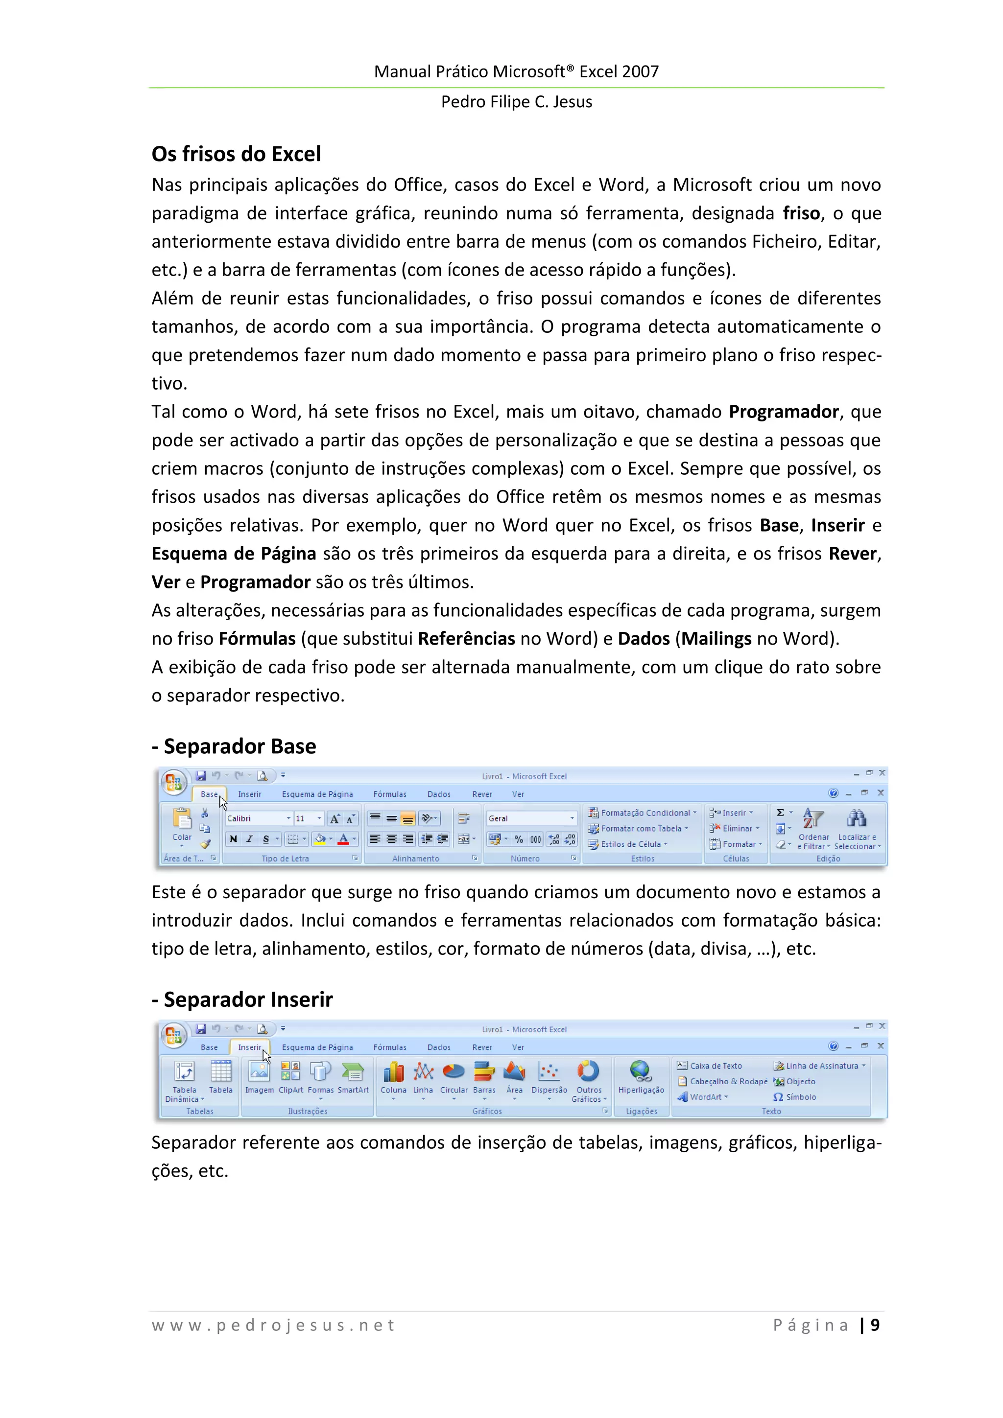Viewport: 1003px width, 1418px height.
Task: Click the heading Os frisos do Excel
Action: [236, 154]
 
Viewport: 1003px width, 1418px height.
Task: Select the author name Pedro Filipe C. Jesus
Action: [516, 102]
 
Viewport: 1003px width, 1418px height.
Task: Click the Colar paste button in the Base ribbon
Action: [182, 824]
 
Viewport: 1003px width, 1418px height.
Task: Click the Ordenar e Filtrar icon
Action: [812, 819]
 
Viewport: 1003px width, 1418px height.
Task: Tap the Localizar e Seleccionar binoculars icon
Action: [857, 819]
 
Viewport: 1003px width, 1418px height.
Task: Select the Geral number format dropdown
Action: [530, 818]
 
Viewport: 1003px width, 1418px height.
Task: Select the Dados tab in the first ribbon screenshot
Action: [439, 794]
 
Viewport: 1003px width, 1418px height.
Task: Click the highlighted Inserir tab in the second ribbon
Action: [250, 1047]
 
